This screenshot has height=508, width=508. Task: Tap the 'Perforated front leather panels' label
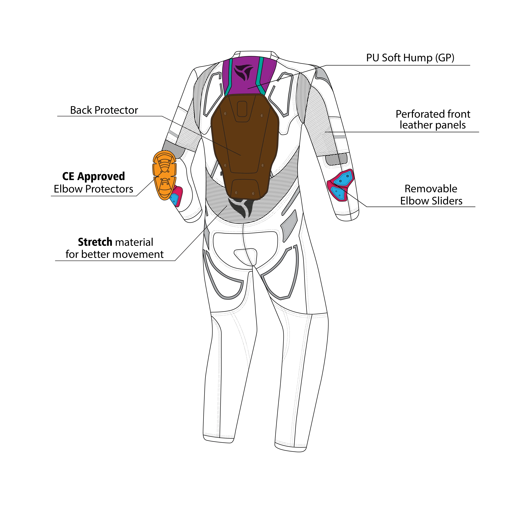pos(433,120)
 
